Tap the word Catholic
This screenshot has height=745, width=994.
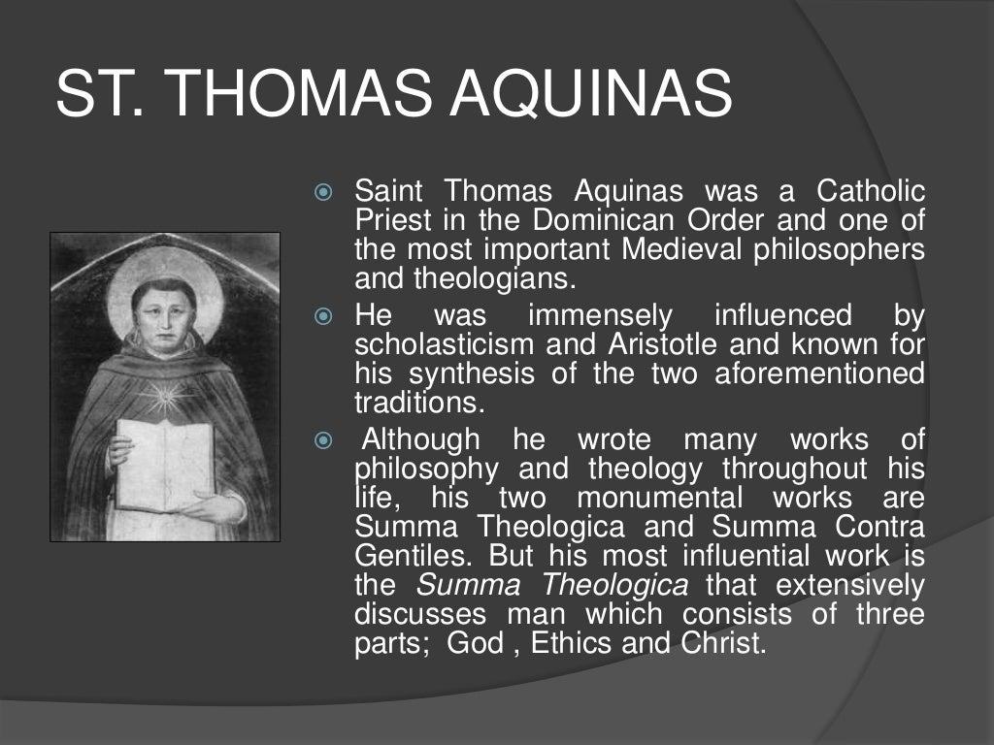871,191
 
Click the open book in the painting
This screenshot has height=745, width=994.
165,464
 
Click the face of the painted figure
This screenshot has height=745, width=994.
163,310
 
